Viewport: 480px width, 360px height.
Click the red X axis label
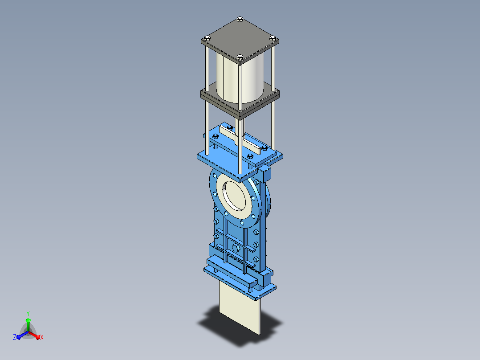click(x=42, y=337)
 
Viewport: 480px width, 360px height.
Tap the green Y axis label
click(x=28, y=313)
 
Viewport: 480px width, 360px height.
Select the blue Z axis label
click(x=15, y=337)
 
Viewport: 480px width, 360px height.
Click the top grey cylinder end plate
click(x=240, y=39)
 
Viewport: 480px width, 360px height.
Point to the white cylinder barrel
click(x=240, y=78)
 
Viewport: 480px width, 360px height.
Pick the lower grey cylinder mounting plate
click(x=240, y=101)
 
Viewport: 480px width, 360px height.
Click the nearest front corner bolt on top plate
click(x=240, y=57)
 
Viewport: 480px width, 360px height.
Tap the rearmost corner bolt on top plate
click(x=240, y=20)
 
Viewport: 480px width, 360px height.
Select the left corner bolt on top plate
click(x=207, y=38)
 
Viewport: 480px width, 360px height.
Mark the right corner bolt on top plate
click(x=273, y=38)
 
